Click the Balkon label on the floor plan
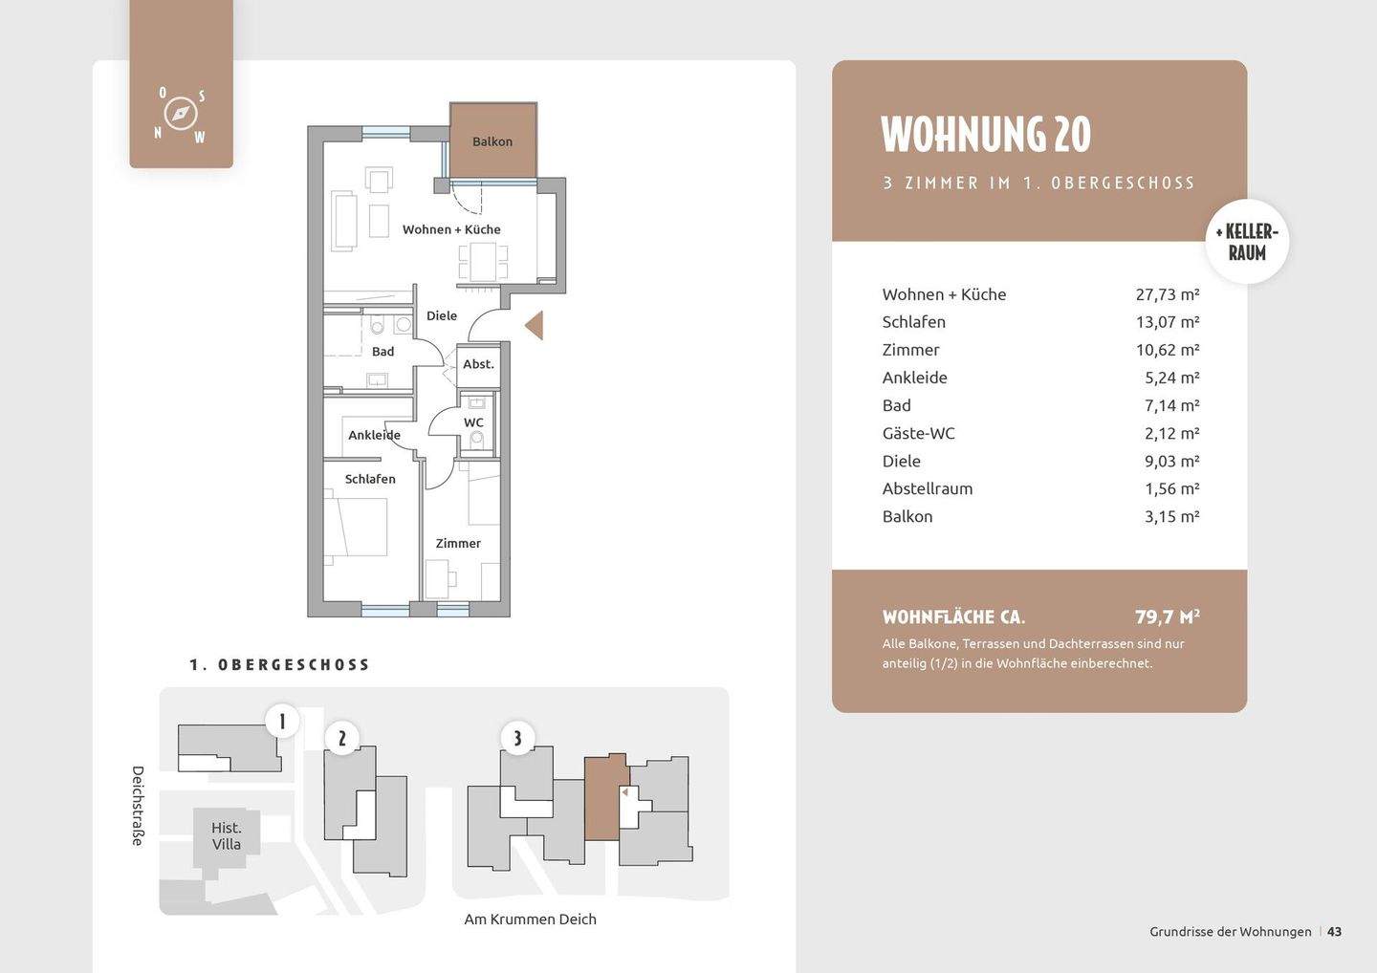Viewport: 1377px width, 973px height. click(x=492, y=141)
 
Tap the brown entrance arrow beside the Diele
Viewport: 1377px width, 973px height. click(x=535, y=325)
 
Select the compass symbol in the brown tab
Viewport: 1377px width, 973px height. click(x=180, y=114)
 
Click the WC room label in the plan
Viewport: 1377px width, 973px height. click(x=473, y=422)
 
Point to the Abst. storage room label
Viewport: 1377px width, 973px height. click(x=478, y=364)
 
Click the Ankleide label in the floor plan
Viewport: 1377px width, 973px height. click(x=374, y=435)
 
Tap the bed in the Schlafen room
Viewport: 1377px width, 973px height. click(x=356, y=527)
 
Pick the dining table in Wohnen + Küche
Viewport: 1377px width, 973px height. click(x=484, y=262)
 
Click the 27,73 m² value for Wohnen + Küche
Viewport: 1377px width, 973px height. click(x=1168, y=294)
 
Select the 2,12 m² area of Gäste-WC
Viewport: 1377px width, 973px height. click(x=1171, y=433)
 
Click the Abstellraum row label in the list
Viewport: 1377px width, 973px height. click(x=927, y=489)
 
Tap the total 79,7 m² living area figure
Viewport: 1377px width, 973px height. click(x=1168, y=616)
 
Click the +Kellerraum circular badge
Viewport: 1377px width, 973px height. click(x=1247, y=242)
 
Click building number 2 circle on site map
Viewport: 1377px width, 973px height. click(x=341, y=738)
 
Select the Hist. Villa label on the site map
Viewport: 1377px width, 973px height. click(x=227, y=836)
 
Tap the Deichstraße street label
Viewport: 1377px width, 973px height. click(x=138, y=806)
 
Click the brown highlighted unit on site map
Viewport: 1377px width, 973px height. click(x=605, y=797)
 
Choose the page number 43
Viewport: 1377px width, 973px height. click(x=1334, y=932)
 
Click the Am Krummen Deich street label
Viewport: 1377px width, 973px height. click(x=530, y=919)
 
